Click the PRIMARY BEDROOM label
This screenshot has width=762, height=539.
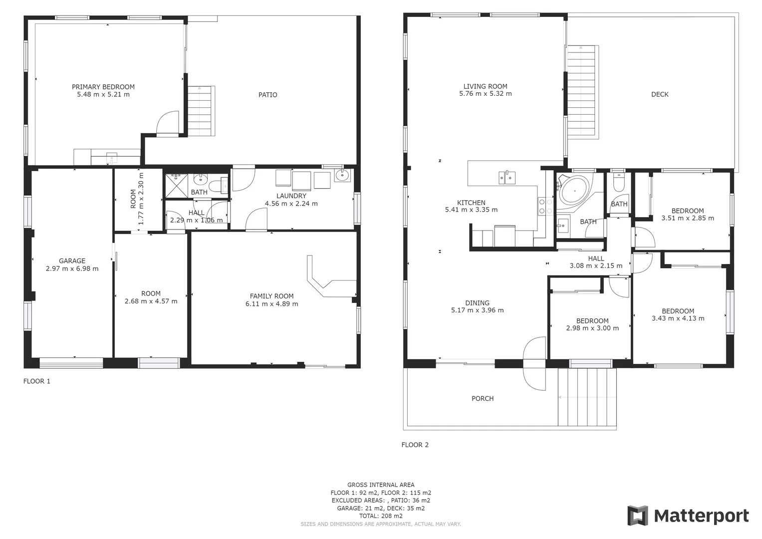103,87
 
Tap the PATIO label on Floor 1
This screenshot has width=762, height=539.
267,95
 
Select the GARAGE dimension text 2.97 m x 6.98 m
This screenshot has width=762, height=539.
72,269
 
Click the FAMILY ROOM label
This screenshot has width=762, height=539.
271,296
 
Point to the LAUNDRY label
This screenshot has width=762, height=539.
291,196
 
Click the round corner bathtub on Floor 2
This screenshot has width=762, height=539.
574,190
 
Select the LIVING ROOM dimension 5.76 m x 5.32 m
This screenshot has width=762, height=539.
485,94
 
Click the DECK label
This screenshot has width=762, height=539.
659,94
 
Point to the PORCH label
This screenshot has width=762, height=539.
482,398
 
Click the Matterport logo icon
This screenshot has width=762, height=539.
637,516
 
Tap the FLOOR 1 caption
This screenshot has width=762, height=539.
37,381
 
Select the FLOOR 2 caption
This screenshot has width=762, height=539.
415,445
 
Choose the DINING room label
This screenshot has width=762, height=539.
477,303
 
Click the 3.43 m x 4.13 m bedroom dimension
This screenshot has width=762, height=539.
678,318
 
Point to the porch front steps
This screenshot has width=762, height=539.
587,397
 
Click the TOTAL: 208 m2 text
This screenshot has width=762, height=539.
380,516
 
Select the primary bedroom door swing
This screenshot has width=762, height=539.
168,123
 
